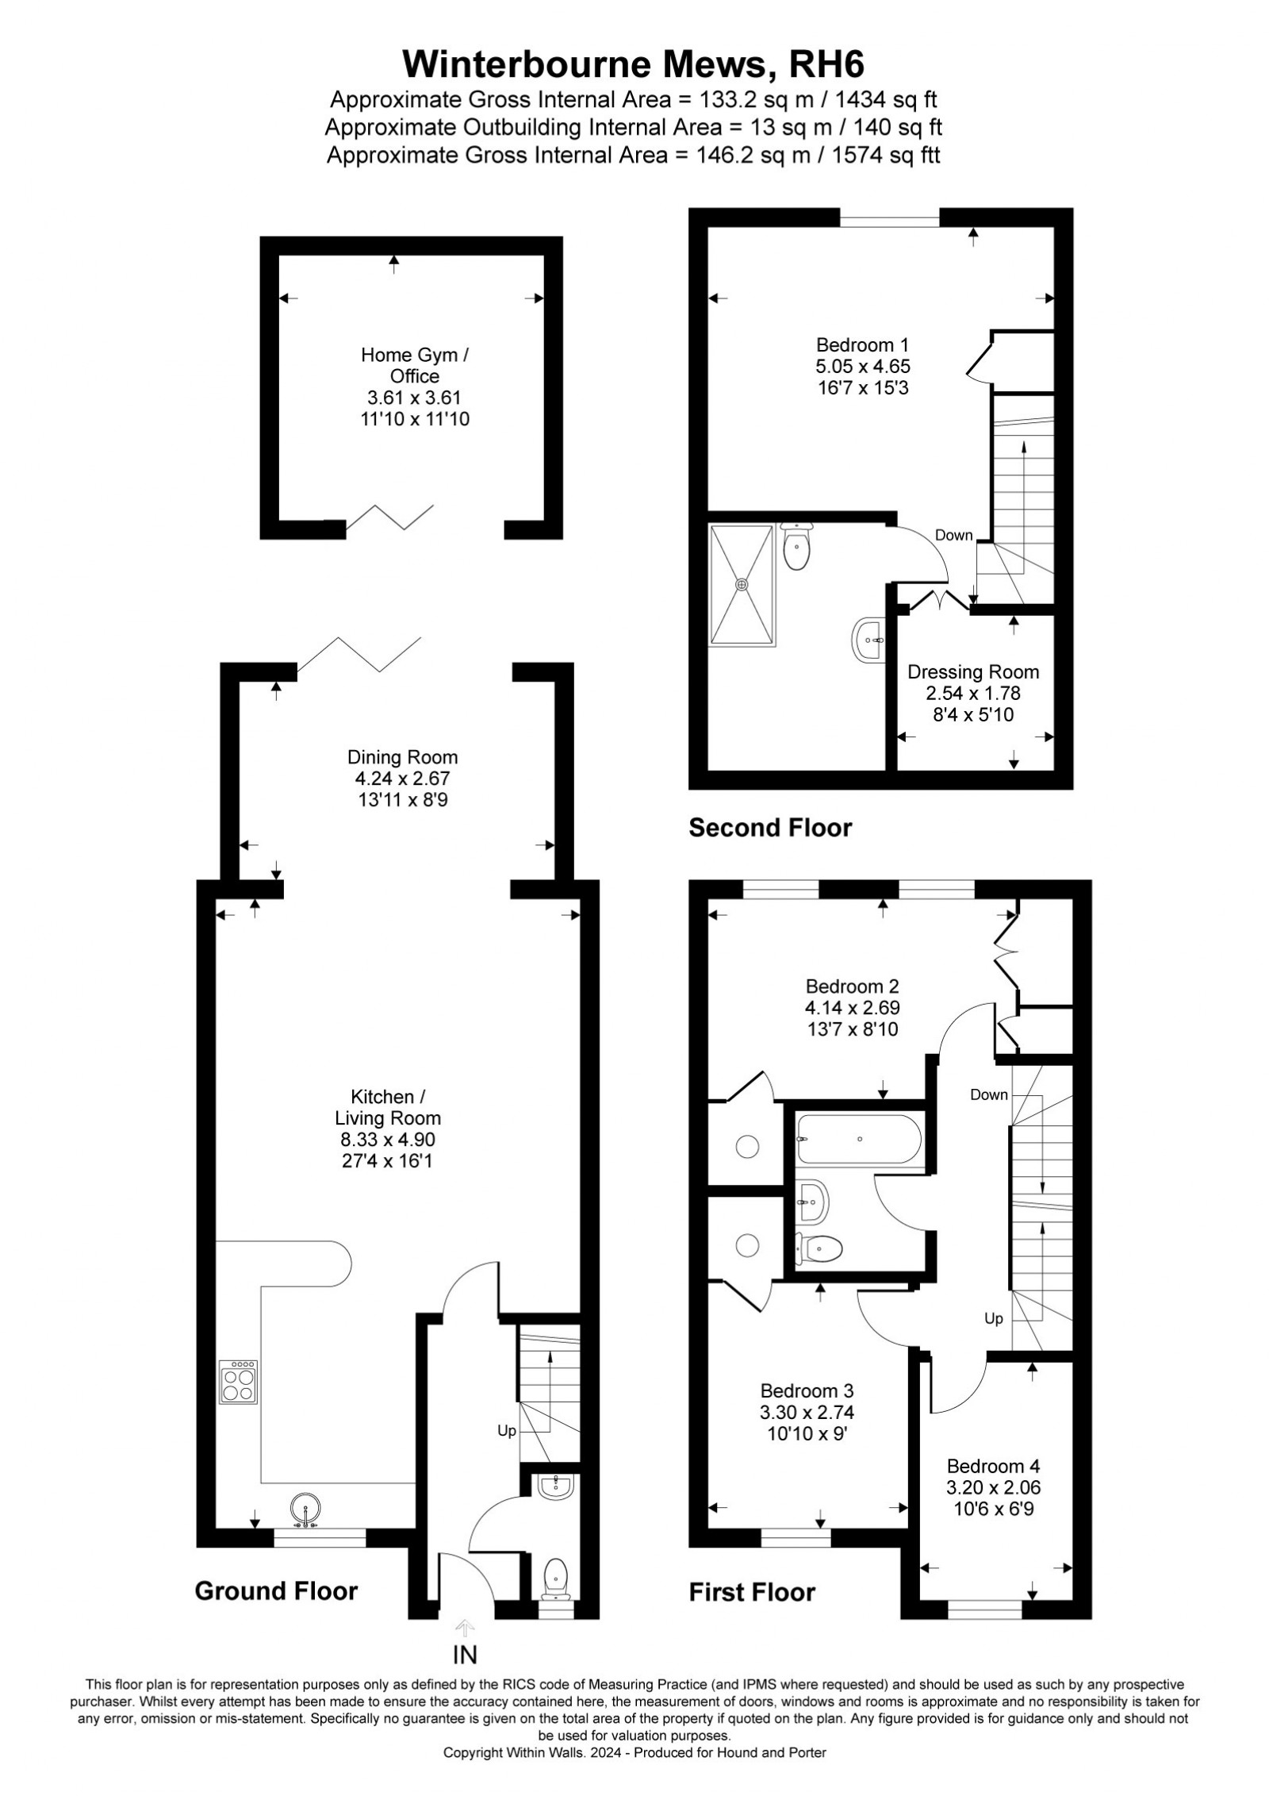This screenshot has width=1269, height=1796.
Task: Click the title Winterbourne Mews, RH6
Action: coord(633,64)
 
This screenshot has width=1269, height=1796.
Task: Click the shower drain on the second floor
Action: coord(742,584)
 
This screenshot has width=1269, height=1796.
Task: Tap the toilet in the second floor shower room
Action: coord(795,545)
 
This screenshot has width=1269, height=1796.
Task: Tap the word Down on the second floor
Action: coord(953,535)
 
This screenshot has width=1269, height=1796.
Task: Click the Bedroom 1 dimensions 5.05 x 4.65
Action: coord(863,367)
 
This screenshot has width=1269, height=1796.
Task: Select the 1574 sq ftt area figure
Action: coord(886,155)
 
